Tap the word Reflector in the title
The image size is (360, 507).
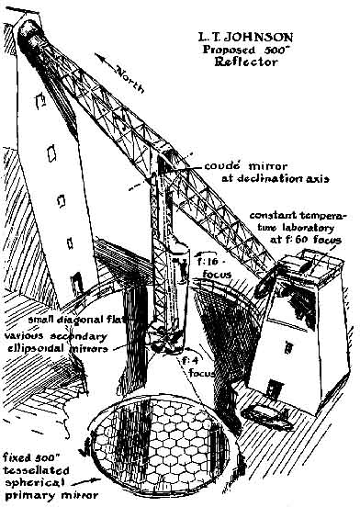coord(246,62)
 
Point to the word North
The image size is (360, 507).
coord(130,79)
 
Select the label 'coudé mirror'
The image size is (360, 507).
coord(245,166)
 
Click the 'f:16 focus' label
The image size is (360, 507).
coord(217,267)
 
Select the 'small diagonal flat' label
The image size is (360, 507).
coord(76,321)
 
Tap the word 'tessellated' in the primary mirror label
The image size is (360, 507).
coord(36,470)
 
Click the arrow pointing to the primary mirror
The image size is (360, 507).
coord(85,482)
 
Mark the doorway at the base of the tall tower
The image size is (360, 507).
coord(76,283)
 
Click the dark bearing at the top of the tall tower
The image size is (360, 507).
coord(29,34)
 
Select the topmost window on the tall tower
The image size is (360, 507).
coord(40,100)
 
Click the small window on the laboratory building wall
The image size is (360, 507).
coord(288,347)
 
